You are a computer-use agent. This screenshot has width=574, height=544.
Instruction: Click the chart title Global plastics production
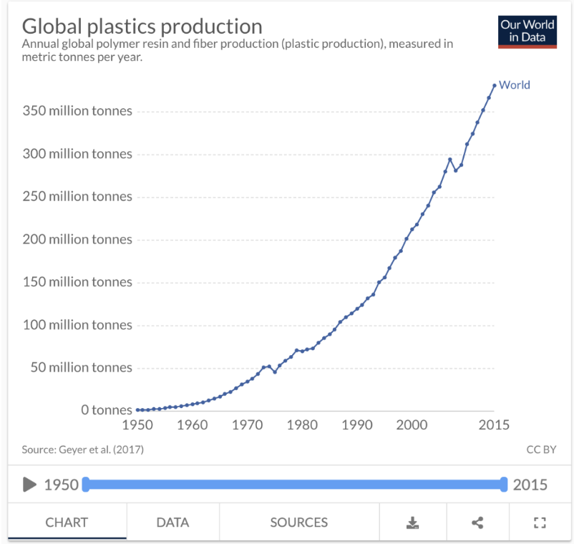pos(142,26)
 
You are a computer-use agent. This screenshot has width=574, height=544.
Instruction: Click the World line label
pos(514,85)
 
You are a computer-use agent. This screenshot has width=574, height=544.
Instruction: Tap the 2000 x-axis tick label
pos(412,424)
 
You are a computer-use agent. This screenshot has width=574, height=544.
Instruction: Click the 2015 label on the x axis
pos(494,424)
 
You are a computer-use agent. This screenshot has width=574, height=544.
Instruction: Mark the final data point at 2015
pos(495,86)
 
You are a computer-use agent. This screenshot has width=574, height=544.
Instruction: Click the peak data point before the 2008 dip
pos(450,159)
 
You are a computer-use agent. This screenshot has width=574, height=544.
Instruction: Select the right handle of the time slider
pos(504,485)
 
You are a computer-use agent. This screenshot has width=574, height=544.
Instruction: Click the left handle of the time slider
pos(86,485)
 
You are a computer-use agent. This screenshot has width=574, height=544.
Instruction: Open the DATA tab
pos(172,522)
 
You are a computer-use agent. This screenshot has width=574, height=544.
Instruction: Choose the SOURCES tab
pos(298,522)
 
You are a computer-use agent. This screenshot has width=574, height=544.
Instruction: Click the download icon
pos(412,523)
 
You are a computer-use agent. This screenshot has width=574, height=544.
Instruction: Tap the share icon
pos(477,523)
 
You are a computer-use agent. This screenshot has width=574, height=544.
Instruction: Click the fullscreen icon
pos(540,523)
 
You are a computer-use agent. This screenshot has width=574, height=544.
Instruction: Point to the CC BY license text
pos(541,450)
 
